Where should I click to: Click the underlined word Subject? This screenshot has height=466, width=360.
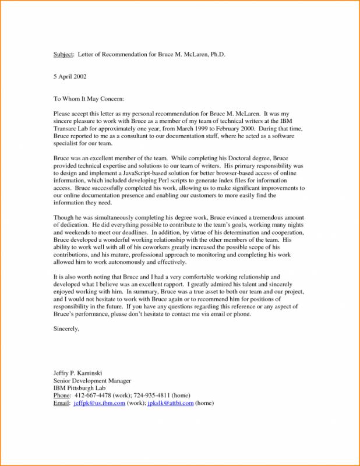pos(63,54)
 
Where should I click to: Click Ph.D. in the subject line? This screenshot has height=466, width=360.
pos(214,54)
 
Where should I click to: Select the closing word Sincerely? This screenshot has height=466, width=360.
pos(66,329)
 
